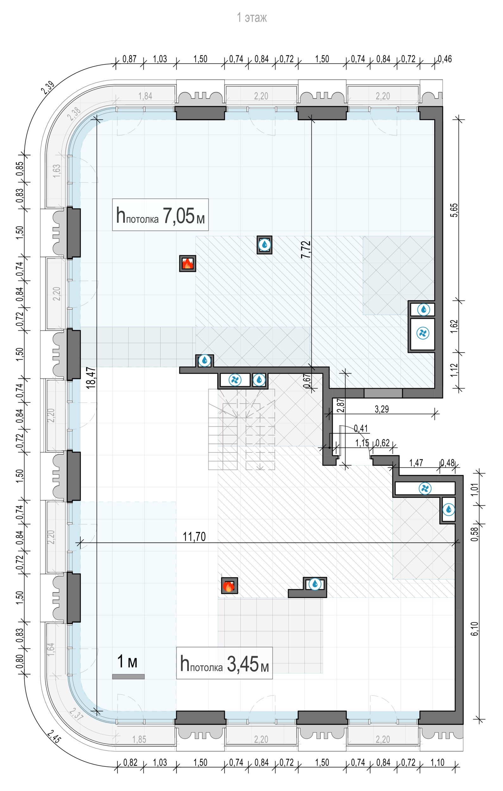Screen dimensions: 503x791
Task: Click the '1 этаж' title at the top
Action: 252,18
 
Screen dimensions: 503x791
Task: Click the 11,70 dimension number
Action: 194,536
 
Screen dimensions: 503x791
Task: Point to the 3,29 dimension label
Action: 381,409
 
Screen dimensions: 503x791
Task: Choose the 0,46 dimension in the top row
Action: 444,59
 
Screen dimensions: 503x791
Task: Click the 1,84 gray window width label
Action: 145,96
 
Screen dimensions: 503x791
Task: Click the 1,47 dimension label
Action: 416,463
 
